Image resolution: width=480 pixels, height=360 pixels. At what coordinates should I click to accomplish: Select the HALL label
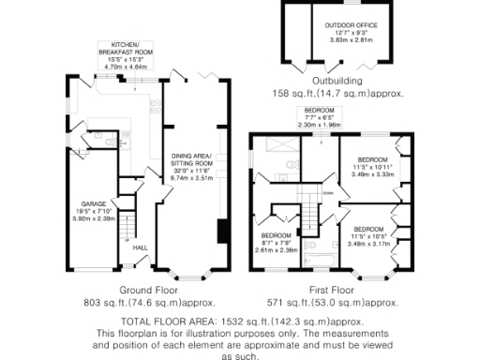[140, 247]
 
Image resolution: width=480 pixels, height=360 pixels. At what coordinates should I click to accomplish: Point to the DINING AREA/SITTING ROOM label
[192, 158]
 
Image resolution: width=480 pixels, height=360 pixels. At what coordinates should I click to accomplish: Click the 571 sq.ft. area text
[327, 304]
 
